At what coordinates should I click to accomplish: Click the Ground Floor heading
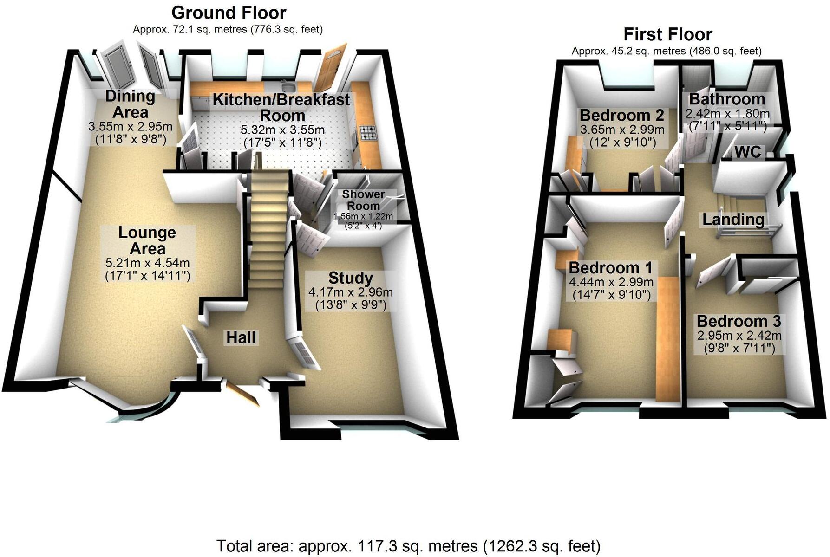229,13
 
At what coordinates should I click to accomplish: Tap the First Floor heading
667,34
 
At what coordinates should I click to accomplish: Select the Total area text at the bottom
408,546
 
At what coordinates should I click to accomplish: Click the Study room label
350,278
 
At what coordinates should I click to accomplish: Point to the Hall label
241,337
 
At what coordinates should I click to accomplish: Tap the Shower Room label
363,200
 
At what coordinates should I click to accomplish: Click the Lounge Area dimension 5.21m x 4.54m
147,263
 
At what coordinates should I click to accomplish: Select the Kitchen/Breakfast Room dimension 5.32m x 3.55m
282,130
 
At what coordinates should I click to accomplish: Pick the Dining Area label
130,104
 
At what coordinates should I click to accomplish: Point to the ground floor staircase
268,227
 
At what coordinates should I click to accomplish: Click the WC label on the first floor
748,152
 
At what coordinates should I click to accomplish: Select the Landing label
733,220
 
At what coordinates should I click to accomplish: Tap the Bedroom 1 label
610,268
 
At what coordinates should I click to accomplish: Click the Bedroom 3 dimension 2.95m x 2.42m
739,336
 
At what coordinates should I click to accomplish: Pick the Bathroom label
727,99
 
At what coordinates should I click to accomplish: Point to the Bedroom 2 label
622,115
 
